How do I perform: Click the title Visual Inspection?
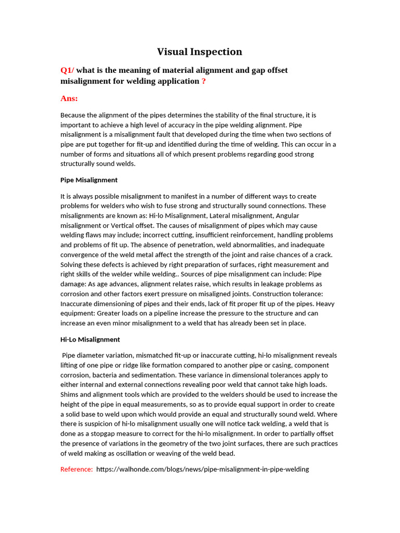200,52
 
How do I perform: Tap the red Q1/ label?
67,70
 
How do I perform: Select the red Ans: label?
69,98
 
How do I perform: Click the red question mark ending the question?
204,81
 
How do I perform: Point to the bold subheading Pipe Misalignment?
89,180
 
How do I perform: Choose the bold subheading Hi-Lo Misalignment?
90,339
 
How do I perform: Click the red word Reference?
77,469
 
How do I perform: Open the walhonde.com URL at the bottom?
203,469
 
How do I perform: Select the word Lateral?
214,215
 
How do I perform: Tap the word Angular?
287,215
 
